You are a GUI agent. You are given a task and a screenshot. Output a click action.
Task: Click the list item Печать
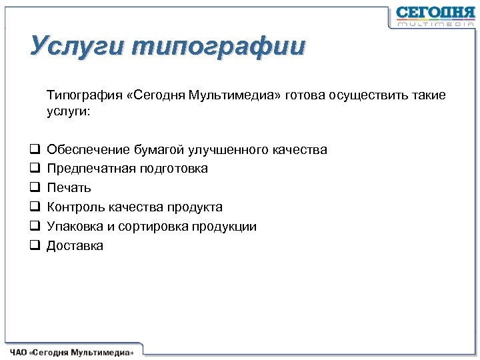(x=69, y=188)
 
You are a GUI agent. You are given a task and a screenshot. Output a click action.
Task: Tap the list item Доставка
(x=75, y=246)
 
